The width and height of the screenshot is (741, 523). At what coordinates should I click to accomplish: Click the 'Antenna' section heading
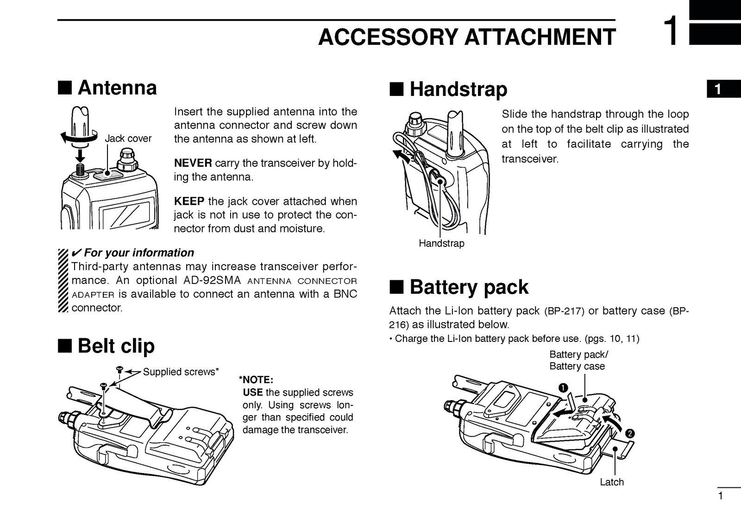click(117, 88)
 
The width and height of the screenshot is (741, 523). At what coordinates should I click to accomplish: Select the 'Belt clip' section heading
click(116, 346)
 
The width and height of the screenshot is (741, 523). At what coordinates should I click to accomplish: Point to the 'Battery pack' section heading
click(468, 287)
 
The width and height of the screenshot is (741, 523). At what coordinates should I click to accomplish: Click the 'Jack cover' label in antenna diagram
click(128, 139)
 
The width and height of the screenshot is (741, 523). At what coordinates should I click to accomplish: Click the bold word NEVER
click(193, 163)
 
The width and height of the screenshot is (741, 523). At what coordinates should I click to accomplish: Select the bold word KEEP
click(189, 202)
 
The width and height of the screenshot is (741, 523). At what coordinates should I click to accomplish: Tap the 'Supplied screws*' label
click(181, 372)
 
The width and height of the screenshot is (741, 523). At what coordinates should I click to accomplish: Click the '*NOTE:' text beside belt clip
click(256, 380)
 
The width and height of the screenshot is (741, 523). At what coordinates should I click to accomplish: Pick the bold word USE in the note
click(253, 392)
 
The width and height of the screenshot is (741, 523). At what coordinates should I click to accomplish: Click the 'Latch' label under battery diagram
click(611, 482)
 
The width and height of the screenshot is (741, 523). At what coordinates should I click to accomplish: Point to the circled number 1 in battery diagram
click(563, 387)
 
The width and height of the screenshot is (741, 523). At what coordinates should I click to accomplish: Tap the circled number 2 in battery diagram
click(629, 434)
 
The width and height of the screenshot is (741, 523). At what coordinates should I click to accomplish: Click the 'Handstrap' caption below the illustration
click(441, 243)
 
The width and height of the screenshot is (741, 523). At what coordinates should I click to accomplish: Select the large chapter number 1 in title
click(672, 32)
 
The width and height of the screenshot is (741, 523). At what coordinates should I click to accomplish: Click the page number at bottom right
click(720, 497)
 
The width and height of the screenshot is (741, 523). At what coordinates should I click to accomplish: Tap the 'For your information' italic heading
click(139, 252)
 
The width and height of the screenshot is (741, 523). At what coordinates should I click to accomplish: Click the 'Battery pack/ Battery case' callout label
click(578, 360)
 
